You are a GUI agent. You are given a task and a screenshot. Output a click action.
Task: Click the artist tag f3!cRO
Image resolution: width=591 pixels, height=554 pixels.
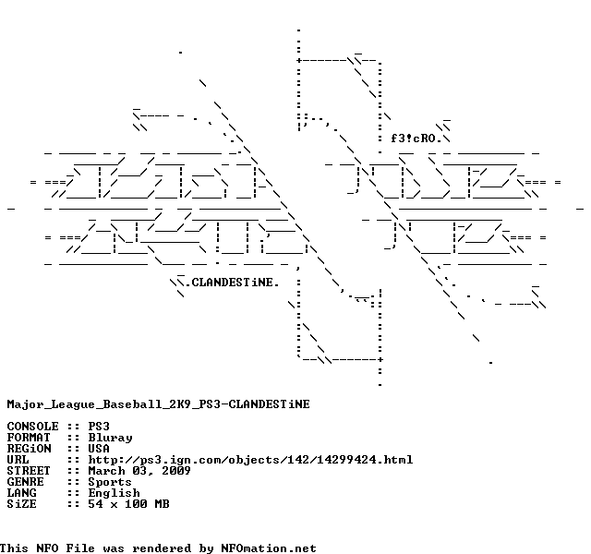pyautogui.click(x=415, y=138)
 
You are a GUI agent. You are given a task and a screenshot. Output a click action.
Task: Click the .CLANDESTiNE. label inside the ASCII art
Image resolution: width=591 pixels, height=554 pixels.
pyautogui.click(x=231, y=282)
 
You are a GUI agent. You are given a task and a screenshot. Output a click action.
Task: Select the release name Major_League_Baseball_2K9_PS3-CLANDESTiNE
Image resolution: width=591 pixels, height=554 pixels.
pyautogui.click(x=158, y=403)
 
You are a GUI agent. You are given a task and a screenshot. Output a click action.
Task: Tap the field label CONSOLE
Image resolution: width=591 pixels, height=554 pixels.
pyautogui.click(x=32, y=426)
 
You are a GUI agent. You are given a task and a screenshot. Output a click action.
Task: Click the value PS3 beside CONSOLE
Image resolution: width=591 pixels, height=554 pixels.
pyautogui.click(x=99, y=426)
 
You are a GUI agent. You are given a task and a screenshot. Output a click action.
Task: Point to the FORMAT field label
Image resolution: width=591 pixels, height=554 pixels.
pyautogui.click(x=29, y=437)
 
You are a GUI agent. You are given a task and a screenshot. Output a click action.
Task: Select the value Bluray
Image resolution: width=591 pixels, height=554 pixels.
pyautogui.click(x=110, y=437)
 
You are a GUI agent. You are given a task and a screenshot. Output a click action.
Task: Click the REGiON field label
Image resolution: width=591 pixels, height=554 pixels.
pyautogui.click(x=29, y=448)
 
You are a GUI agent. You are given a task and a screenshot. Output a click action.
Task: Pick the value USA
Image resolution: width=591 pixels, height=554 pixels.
pyautogui.click(x=99, y=448)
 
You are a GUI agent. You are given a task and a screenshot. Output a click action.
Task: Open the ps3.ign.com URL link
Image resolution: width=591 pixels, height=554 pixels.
pyautogui.click(x=250, y=459)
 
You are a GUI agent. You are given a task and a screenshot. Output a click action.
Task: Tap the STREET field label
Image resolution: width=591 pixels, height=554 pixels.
pyautogui.click(x=29, y=470)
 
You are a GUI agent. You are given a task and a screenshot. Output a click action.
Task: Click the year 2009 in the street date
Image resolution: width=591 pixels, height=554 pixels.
pyautogui.click(x=176, y=470)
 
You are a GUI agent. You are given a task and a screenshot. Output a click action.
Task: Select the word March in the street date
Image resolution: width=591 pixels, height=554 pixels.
pyautogui.click(x=106, y=470)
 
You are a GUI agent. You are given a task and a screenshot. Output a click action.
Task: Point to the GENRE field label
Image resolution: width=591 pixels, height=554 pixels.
pyautogui.click(x=25, y=481)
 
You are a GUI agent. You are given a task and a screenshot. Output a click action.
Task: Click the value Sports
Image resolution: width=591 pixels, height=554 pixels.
pyautogui.click(x=110, y=481)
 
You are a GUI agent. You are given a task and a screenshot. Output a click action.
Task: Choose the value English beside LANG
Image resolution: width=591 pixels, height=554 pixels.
pyautogui.click(x=114, y=492)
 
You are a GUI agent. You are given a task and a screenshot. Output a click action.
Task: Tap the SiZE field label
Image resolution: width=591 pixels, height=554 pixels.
pyautogui.click(x=21, y=503)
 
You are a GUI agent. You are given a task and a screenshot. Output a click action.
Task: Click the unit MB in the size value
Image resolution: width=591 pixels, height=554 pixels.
pyautogui.click(x=162, y=503)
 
